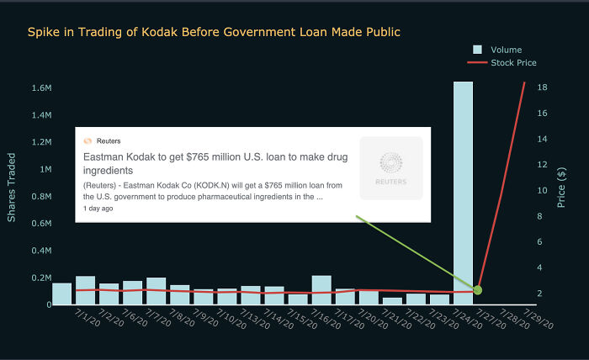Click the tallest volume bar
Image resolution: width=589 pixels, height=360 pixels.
(464, 193)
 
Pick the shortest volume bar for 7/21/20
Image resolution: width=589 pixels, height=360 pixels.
(392, 301)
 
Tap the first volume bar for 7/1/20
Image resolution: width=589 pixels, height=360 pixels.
(61, 294)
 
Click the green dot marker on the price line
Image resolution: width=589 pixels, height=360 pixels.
(477, 290)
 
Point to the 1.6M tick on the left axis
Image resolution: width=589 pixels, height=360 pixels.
(41, 88)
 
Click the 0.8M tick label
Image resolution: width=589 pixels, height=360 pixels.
(41, 197)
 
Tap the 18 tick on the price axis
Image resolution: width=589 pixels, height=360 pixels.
(543, 87)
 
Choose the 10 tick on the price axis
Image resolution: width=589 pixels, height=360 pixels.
(543, 191)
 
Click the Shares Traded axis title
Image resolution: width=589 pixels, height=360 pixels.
(12, 188)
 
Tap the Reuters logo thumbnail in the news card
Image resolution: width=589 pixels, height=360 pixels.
(390, 168)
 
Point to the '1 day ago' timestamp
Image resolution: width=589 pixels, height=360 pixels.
(98, 209)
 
